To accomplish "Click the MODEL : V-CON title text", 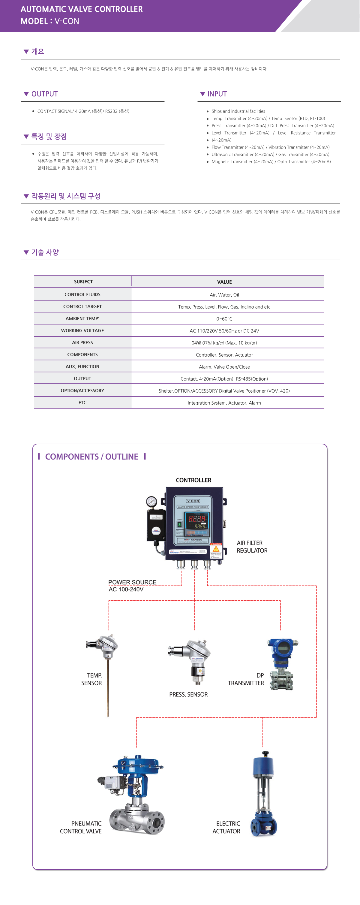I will (x=49, y=21).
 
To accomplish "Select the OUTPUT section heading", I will (x=44, y=94).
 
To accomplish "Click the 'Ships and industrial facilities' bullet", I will (x=238, y=111).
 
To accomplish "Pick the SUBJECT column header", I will (x=83, y=282).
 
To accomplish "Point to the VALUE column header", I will (x=224, y=282).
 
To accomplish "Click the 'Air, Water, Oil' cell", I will (x=224, y=295).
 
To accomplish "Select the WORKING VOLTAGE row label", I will (x=82, y=330).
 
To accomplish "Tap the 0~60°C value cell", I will (x=224, y=319).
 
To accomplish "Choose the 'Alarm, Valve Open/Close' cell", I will (x=224, y=367).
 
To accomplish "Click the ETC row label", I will (x=82, y=403).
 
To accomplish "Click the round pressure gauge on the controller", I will (x=151, y=501).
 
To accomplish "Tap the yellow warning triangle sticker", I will (x=216, y=549).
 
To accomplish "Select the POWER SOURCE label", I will (x=132, y=582).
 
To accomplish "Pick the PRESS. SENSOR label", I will (x=188, y=695).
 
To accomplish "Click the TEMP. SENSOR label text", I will (x=92, y=679).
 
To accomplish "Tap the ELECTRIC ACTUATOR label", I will (x=226, y=827).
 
